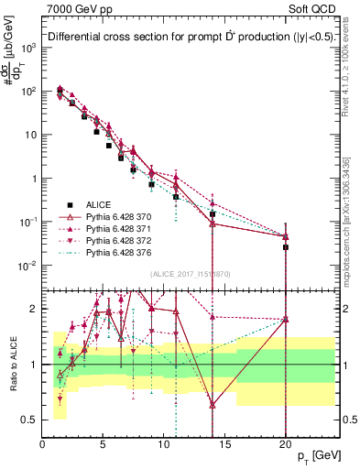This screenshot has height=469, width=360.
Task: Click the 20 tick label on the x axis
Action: tap(286, 443)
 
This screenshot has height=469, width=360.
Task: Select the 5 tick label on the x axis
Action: tap(104, 443)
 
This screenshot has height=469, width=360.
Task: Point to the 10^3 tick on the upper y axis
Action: tap(29, 48)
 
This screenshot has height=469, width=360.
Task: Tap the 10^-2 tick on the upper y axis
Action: tap(29, 266)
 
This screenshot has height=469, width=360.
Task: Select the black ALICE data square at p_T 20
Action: tap(286, 246)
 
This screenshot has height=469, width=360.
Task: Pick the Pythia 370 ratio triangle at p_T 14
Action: tap(213, 404)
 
